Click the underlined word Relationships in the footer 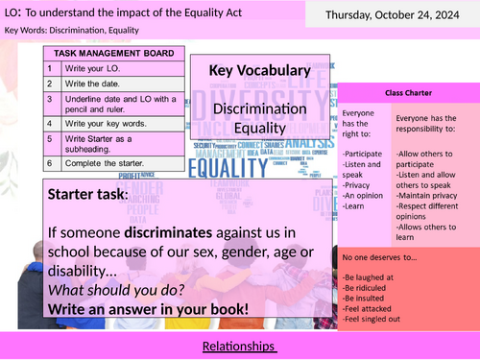pos(240,345)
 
